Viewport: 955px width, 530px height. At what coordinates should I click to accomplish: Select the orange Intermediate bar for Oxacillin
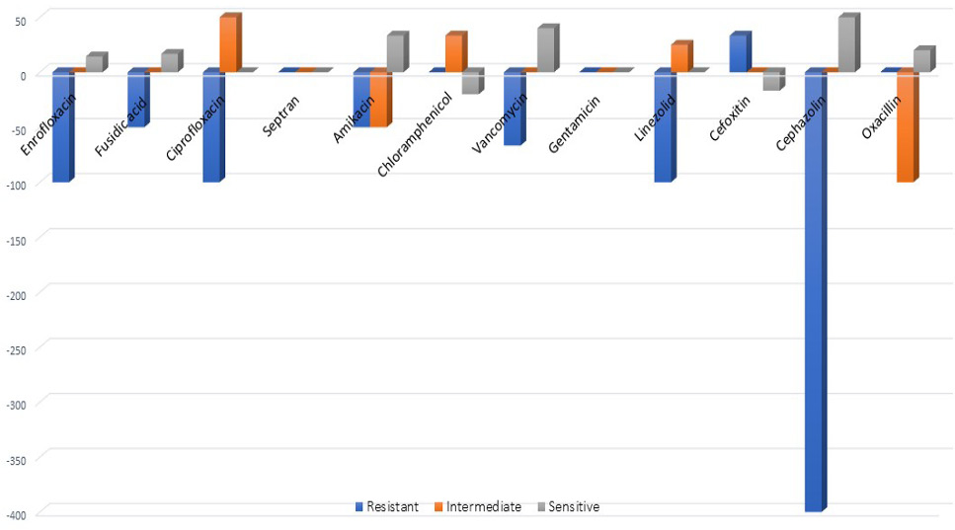tap(907, 125)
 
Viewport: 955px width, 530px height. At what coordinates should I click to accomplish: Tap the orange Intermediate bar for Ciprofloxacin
tap(230, 42)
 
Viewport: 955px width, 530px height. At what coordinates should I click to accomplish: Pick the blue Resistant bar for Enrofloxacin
tap(63, 125)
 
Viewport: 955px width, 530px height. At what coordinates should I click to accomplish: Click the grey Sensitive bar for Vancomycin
tap(547, 48)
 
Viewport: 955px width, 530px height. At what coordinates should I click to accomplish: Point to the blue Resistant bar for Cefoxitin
tap(740, 51)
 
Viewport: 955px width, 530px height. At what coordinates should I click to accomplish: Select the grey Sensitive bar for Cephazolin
tap(849, 42)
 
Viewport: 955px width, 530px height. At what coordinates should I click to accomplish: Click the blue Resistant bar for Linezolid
tap(665, 125)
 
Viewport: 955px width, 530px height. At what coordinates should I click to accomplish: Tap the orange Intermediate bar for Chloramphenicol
tap(456, 51)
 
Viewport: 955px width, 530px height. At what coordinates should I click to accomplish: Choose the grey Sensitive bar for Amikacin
tap(398, 51)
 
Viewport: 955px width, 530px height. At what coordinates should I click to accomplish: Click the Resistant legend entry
tap(387, 507)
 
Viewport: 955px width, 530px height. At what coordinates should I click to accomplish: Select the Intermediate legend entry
tap(478, 507)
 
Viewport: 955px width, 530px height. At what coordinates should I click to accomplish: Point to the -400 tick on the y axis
tap(17, 516)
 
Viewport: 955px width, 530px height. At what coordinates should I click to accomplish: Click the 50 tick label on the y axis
tap(21, 22)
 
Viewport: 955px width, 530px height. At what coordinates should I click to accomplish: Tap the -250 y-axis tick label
tap(17, 350)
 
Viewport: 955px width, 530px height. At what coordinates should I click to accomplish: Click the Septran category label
tap(280, 116)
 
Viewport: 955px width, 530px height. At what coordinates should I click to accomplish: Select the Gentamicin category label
tap(574, 124)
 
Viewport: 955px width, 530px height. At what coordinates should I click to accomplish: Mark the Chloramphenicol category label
tap(415, 134)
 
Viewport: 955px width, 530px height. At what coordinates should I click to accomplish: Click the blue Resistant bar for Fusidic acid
tap(138, 98)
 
